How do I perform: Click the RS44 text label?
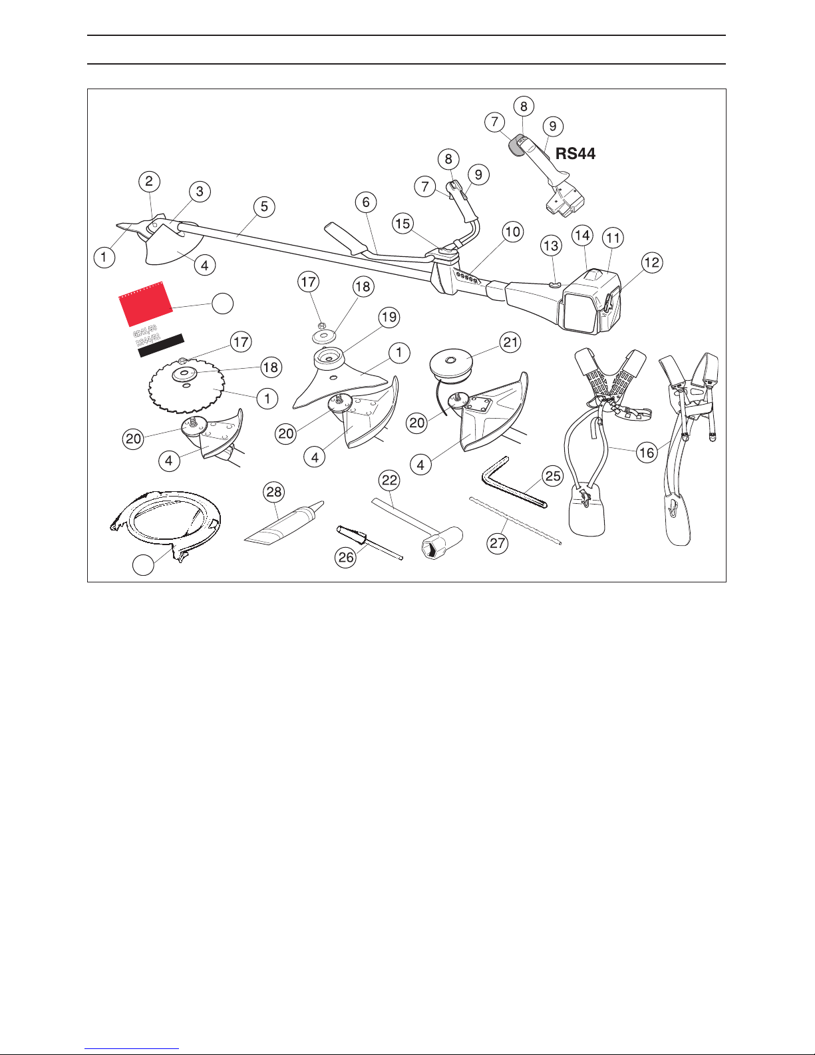click(x=575, y=154)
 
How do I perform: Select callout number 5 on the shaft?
click(x=264, y=206)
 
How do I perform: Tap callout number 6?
click(x=365, y=202)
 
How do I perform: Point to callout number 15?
click(x=403, y=224)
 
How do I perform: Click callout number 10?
click(x=512, y=232)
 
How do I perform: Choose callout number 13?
click(x=551, y=246)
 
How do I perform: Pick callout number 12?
click(x=652, y=262)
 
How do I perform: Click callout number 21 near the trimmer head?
click(x=511, y=343)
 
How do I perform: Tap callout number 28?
click(x=274, y=493)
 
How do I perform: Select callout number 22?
click(x=389, y=481)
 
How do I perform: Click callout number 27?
click(x=498, y=543)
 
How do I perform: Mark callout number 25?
click(x=553, y=477)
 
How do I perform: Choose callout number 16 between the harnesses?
click(x=647, y=453)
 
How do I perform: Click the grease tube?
click(x=279, y=526)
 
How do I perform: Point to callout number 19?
click(x=389, y=317)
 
